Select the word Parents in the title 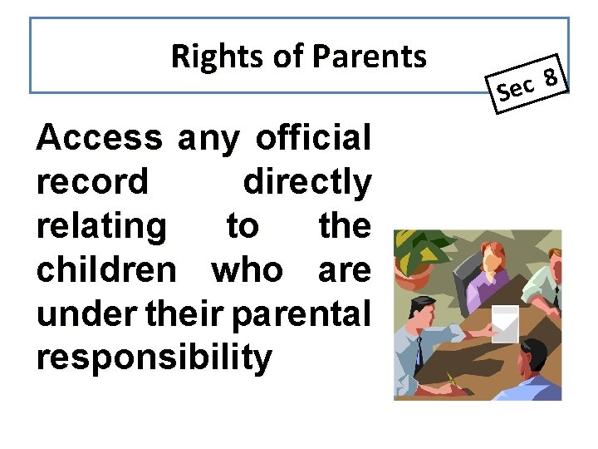point(370,57)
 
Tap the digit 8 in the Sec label point(549,79)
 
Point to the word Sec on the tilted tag point(515,89)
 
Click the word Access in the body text point(100,137)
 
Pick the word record point(92,181)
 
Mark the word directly point(306,181)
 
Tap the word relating point(101,225)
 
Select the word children point(106,269)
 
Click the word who point(246,269)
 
